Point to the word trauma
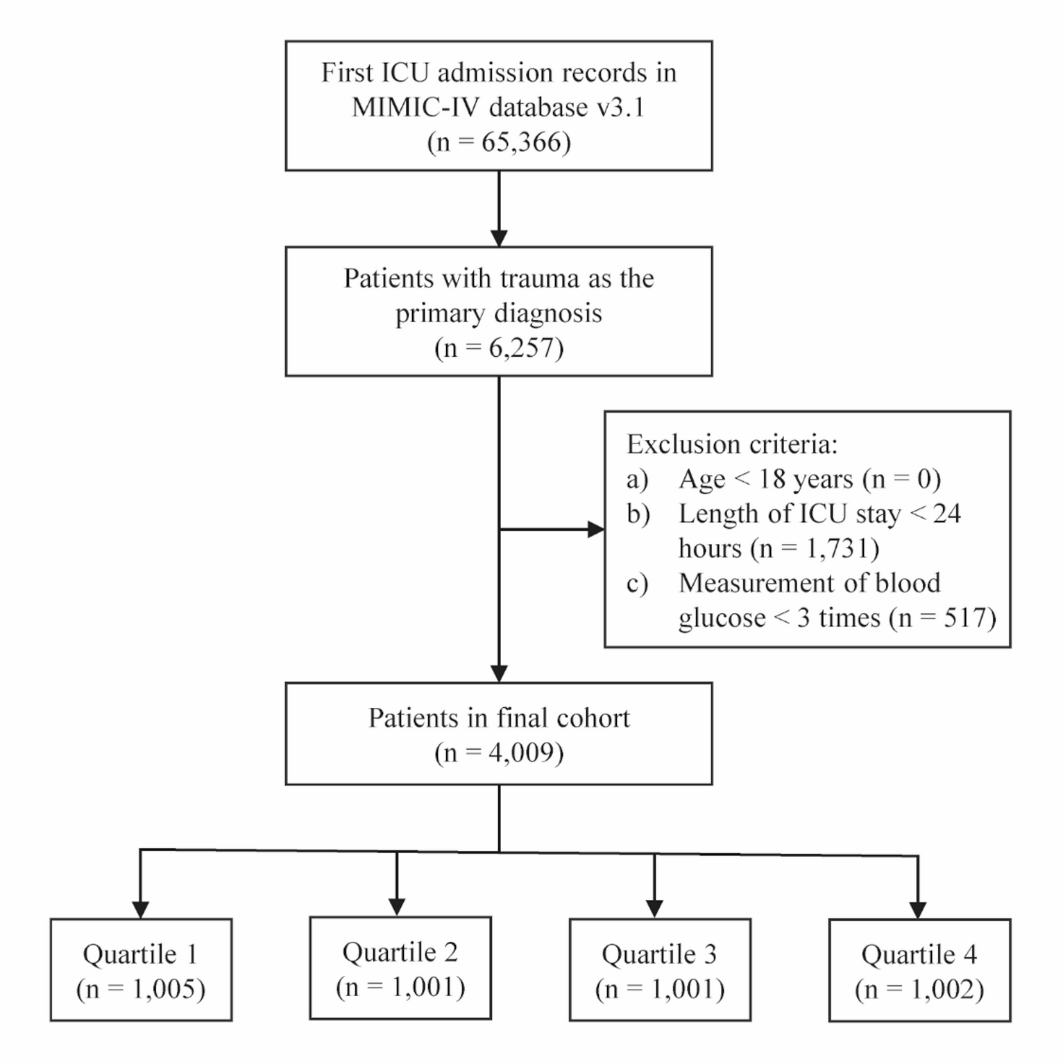(540, 278)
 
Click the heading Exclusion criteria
(732, 444)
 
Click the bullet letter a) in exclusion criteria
(637, 479)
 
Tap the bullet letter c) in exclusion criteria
(637, 583)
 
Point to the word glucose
(722, 618)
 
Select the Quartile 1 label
(140, 954)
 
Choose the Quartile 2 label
(400, 952)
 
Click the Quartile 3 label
(659, 954)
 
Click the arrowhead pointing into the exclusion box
(595, 530)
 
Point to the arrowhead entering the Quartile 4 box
(918, 910)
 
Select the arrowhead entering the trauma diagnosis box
(499, 238)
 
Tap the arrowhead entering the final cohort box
(499, 673)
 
